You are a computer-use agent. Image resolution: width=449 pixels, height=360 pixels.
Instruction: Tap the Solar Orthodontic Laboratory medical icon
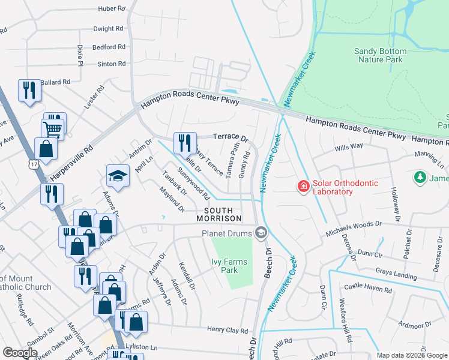[x=304, y=187]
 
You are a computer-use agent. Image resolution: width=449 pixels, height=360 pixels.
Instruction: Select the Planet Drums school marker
[x=261, y=232]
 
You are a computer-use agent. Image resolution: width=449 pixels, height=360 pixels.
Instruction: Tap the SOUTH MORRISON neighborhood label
[x=223, y=214]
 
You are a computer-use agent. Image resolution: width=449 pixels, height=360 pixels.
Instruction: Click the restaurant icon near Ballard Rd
[x=29, y=91]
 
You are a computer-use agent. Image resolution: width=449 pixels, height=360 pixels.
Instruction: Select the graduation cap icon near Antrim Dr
[x=118, y=176]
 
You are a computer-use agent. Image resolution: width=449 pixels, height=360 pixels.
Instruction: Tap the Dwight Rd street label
[x=109, y=28]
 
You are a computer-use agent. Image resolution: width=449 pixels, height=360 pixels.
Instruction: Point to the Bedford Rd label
[x=108, y=47]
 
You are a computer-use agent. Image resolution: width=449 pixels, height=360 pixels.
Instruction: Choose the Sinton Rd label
[x=112, y=64]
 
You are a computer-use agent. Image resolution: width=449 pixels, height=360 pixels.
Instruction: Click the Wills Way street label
[x=349, y=146]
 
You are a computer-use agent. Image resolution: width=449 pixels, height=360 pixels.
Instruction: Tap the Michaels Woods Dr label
[x=354, y=224]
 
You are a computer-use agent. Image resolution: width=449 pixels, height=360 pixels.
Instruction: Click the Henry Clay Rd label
[x=228, y=330]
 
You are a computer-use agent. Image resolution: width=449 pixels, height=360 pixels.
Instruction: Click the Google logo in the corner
[x=20, y=352]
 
